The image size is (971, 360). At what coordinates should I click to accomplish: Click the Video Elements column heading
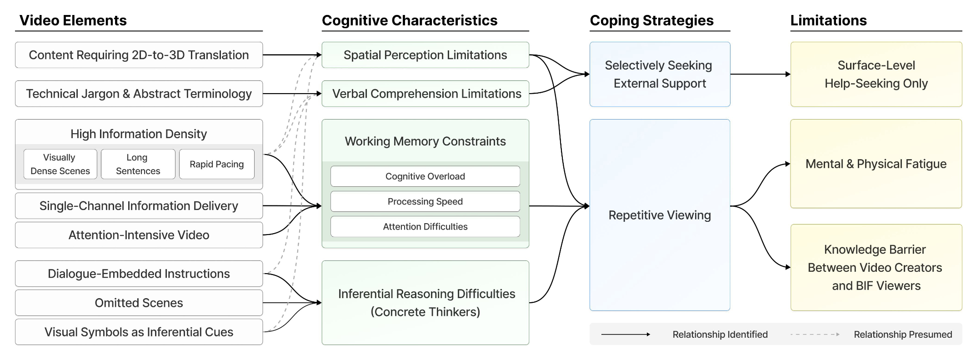click(x=73, y=20)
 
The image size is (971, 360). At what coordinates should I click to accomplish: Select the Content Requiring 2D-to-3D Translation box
click(x=139, y=55)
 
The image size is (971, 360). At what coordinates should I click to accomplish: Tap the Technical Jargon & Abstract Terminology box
click(x=139, y=94)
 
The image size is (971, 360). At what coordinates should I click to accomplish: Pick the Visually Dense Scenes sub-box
click(x=60, y=164)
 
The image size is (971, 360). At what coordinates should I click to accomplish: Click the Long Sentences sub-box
click(x=138, y=164)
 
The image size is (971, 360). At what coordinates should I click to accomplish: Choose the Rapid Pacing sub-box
click(x=216, y=164)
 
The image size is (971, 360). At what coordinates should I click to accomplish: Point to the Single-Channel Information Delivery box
click(x=139, y=206)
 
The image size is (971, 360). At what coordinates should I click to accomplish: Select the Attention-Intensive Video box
click(x=139, y=235)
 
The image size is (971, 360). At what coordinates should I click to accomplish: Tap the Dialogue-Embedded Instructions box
click(x=139, y=274)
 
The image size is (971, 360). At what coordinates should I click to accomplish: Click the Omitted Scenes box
click(x=139, y=303)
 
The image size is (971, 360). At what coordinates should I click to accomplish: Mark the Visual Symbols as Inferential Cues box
click(x=139, y=332)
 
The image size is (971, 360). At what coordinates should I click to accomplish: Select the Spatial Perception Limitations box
click(x=425, y=55)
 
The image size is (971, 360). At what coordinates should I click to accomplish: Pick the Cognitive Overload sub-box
click(x=425, y=176)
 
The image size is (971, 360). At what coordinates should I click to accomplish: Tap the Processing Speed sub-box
click(x=425, y=201)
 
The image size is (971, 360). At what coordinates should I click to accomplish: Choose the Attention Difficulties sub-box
click(x=425, y=226)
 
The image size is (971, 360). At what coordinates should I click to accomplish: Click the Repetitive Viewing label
click(x=660, y=215)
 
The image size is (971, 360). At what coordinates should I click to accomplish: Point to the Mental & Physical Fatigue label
click(x=876, y=164)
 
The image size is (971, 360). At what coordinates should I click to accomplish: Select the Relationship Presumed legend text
click(x=903, y=335)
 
